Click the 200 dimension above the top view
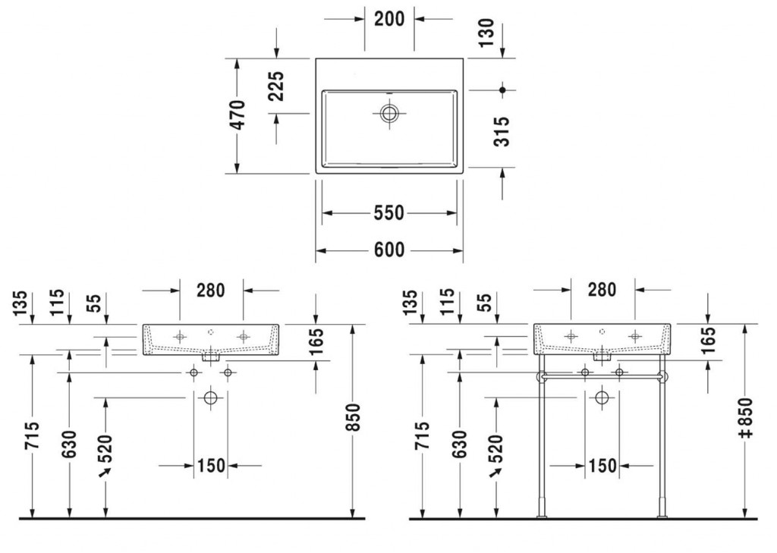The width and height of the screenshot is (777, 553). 389,19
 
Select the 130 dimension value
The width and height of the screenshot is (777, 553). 486,32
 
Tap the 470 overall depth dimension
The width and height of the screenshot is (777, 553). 238,115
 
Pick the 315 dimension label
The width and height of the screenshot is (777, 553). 502,131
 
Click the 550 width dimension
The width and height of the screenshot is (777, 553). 389,213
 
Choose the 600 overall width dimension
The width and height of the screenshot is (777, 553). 389,250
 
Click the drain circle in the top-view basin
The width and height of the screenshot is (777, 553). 389,114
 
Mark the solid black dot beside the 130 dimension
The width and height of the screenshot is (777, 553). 502,90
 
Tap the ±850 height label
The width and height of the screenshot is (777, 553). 745,417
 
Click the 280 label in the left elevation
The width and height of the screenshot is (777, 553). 211,290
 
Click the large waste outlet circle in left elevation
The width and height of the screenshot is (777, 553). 211,397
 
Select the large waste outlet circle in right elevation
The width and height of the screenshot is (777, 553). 602,397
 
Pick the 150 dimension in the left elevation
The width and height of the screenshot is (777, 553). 212,466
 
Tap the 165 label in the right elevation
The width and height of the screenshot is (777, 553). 709,339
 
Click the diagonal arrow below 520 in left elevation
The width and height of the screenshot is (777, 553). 105,473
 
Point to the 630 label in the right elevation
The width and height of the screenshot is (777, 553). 460,444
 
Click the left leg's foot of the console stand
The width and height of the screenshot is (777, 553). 542,517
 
